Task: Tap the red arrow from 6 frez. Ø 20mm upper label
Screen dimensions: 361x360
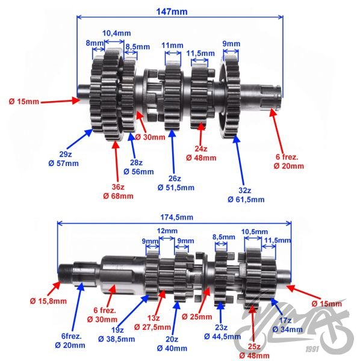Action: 277,129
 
